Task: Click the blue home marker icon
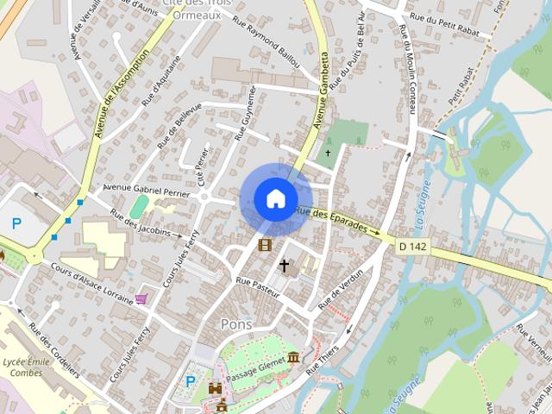275,198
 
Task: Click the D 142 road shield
412,248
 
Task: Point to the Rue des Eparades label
336,221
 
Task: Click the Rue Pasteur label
258,287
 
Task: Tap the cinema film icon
264,245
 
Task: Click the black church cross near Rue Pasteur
284,266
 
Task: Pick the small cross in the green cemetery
327,154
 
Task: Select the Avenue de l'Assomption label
122,93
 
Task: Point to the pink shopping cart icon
141,298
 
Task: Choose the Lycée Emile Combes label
27,367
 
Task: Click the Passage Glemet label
255,363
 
